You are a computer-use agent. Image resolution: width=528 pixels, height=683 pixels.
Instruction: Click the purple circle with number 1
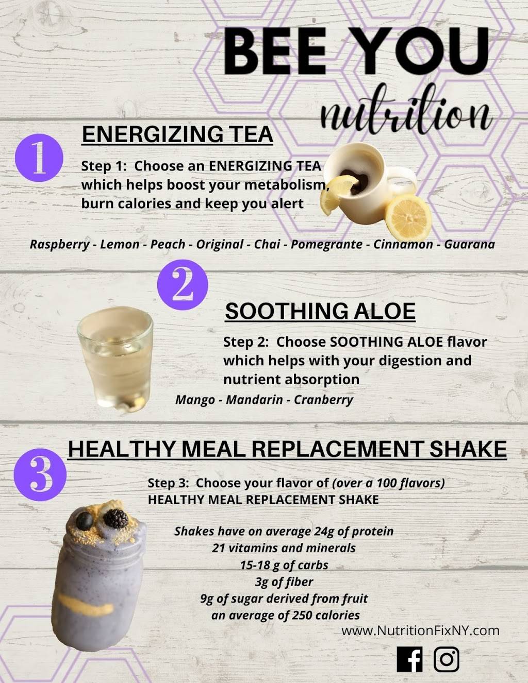pos(39,158)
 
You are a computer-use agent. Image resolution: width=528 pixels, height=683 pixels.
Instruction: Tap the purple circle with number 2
pos(183,285)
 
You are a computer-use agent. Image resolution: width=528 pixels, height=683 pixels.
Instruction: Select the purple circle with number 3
pos(40,474)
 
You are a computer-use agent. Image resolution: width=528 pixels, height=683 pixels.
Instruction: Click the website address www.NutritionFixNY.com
pos(420,630)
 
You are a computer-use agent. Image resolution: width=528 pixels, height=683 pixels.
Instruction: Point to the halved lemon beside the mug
pos(408,217)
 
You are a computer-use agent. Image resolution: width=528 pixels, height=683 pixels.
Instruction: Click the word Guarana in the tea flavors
pos(469,245)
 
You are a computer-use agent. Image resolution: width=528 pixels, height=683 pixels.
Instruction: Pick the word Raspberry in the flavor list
pos(59,245)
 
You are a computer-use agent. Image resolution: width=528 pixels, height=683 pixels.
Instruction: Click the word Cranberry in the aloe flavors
pos(323,400)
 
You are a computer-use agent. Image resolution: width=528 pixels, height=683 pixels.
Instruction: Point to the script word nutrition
pos(406,113)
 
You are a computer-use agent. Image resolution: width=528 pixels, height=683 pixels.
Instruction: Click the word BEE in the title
pos(275,50)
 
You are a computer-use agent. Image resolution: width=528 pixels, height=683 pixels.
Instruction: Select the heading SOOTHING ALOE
pos(320,311)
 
